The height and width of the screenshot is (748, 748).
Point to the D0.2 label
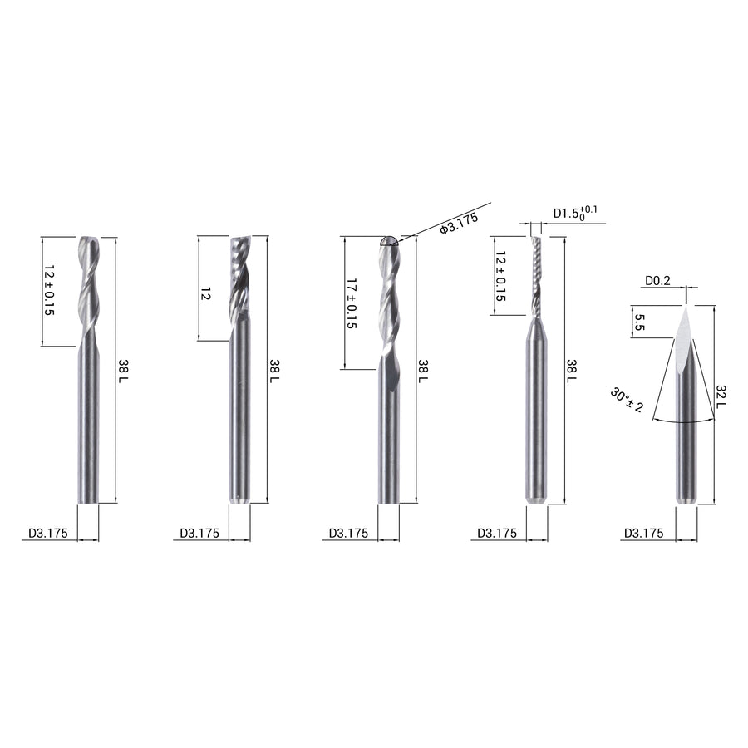pyautogui.click(x=657, y=281)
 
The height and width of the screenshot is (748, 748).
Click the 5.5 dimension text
pyautogui.click(x=639, y=322)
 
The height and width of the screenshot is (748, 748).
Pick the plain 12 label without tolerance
pyautogui.click(x=206, y=293)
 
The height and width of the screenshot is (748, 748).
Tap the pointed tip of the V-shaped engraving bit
pyautogui.click(x=686, y=308)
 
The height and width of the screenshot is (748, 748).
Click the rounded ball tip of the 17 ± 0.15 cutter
pyautogui.click(x=387, y=241)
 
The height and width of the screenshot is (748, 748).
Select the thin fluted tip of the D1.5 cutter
pyautogui.click(x=534, y=274)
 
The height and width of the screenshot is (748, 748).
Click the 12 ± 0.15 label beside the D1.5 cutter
pyautogui.click(x=500, y=276)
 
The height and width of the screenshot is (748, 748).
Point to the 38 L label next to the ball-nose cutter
pyautogui.click(x=422, y=371)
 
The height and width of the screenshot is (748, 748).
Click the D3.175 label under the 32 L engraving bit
pyautogui.click(x=643, y=534)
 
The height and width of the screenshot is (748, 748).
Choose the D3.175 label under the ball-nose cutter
pyautogui.click(x=348, y=534)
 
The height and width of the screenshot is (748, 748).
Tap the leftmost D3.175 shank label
pyautogui.click(x=48, y=534)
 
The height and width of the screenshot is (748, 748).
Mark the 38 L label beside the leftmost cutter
pyautogui.click(x=124, y=371)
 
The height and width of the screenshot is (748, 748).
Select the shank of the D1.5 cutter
pyautogui.click(x=537, y=416)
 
